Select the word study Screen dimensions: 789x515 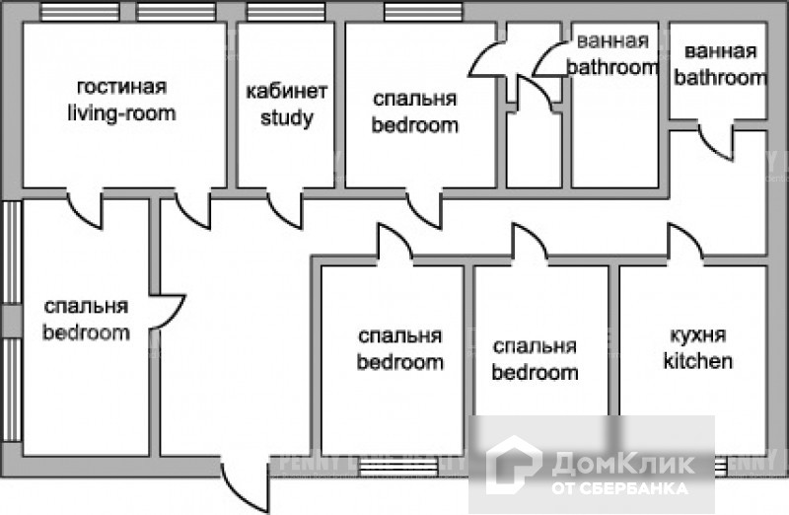pyautogui.click(x=286, y=118)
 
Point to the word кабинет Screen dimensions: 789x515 pyautogui.click(x=286, y=92)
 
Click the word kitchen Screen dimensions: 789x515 pyautogui.click(x=697, y=361)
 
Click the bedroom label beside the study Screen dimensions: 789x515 pyautogui.click(x=414, y=125)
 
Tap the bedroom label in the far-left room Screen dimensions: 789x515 pyautogui.click(x=86, y=332)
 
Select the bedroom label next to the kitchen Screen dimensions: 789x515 pyautogui.click(x=535, y=373)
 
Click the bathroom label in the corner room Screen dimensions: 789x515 pyautogui.click(x=719, y=77)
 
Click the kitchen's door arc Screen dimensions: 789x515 pyautogui.click(x=684, y=243)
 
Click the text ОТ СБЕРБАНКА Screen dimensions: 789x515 pyautogui.click(x=620, y=487)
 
